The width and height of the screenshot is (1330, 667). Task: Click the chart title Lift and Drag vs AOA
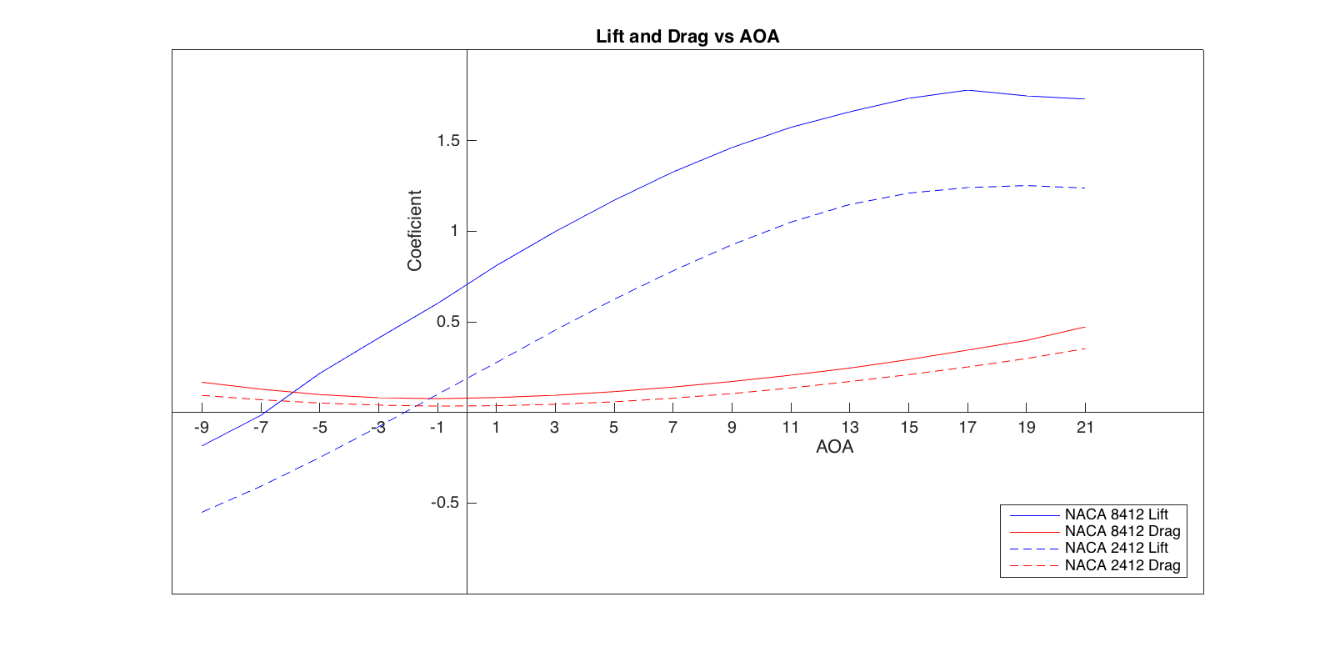pyautogui.click(x=687, y=37)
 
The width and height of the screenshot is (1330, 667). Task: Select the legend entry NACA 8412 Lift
pyautogui.click(x=1116, y=514)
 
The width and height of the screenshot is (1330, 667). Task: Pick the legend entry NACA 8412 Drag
pyautogui.click(x=1122, y=531)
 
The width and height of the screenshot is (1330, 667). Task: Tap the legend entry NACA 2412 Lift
pyautogui.click(x=1116, y=548)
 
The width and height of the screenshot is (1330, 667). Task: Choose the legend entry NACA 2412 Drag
pyautogui.click(x=1122, y=565)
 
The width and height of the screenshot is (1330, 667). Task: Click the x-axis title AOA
pyautogui.click(x=834, y=447)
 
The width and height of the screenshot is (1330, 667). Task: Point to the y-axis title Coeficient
pyautogui.click(x=414, y=230)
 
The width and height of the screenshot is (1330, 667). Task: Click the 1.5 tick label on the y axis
pyautogui.click(x=448, y=141)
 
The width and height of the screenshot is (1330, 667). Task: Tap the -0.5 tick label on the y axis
pyautogui.click(x=445, y=503)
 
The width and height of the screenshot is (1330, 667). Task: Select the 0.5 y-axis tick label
pyautogui.click(x=448, y=322)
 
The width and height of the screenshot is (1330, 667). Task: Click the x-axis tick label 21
pyautogui.click(x=1085, y=428)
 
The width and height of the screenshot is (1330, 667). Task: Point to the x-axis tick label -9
pyautogui.click(x=201, y=428)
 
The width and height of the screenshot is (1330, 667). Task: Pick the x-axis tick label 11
pyautogui.click(x=790, y=428)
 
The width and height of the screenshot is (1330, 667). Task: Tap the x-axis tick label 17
pyautogui.click(x=967, y=428)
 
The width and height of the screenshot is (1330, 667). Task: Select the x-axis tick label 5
pyautogui.click(x=613, y=428)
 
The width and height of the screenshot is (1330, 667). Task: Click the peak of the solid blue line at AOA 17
pyautogui.click(x=967, y=90)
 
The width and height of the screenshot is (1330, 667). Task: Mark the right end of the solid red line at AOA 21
pyautogui.click(x=1085, y=327)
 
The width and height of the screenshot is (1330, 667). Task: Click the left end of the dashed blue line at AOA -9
pyautogui.click(x=202, y=512)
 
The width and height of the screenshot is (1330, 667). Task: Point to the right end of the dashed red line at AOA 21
pyautogui.click(x=1085, y=349)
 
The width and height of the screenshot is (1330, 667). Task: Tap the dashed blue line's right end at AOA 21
pyautogui.click(x=1085, y=188)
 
